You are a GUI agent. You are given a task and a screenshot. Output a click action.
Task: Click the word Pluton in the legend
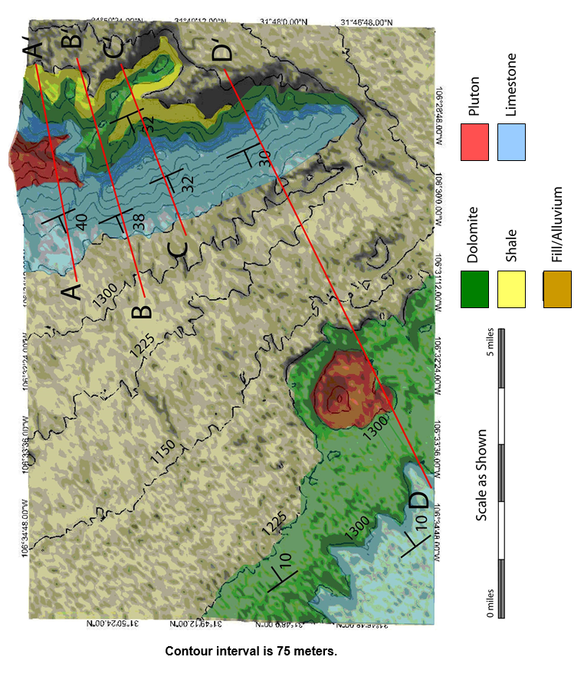(x=474, y=97)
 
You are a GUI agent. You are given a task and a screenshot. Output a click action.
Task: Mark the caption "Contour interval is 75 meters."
(x=251, y=652)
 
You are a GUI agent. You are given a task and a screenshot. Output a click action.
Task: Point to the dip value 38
(x=137, y=221)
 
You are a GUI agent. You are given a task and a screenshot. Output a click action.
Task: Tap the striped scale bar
(x=502, y=473)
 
